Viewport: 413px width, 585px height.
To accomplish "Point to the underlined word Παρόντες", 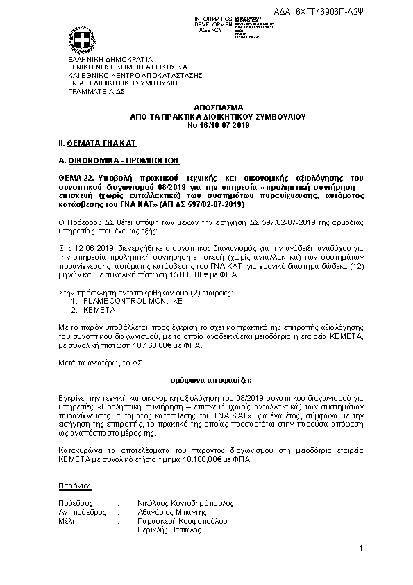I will click(x=74, y=485).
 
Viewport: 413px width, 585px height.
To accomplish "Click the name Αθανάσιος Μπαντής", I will click(x=170, y=511).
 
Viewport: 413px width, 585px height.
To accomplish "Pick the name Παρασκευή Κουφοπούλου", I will click(x=181, y=520).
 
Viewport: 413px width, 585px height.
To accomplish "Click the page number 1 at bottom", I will click(x=361, y=550).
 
